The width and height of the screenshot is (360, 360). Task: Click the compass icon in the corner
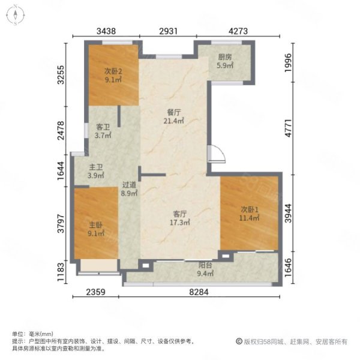coord(16,16)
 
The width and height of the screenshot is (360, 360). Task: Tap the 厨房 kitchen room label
coord(225,57)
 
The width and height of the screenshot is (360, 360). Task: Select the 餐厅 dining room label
coord(174,112)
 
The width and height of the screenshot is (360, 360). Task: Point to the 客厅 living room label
coord(180,214)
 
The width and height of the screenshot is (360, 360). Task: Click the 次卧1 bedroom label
coord(250,209)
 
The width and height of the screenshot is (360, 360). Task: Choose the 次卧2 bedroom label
coord(113,71)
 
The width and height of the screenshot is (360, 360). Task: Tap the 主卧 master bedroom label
coord(96,225)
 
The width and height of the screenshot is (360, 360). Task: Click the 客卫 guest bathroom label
coord(103,127)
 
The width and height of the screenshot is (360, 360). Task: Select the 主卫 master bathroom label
coord(96,167)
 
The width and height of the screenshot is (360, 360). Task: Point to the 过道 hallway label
coord(129,185)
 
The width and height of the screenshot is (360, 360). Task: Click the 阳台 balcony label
coord(205,265)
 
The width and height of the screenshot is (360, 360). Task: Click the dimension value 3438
coord(106,31)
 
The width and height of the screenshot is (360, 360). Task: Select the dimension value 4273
coord(238,31)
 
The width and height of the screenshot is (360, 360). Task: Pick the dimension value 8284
coord(199,292)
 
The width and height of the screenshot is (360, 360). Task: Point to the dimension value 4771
coord(289,128)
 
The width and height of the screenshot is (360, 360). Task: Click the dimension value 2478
coord(61,131)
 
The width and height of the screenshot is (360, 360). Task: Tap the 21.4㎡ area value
coord(174,121)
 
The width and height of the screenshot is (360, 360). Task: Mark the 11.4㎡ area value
coord(250,218)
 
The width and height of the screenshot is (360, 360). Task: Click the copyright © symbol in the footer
coord(239,341)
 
